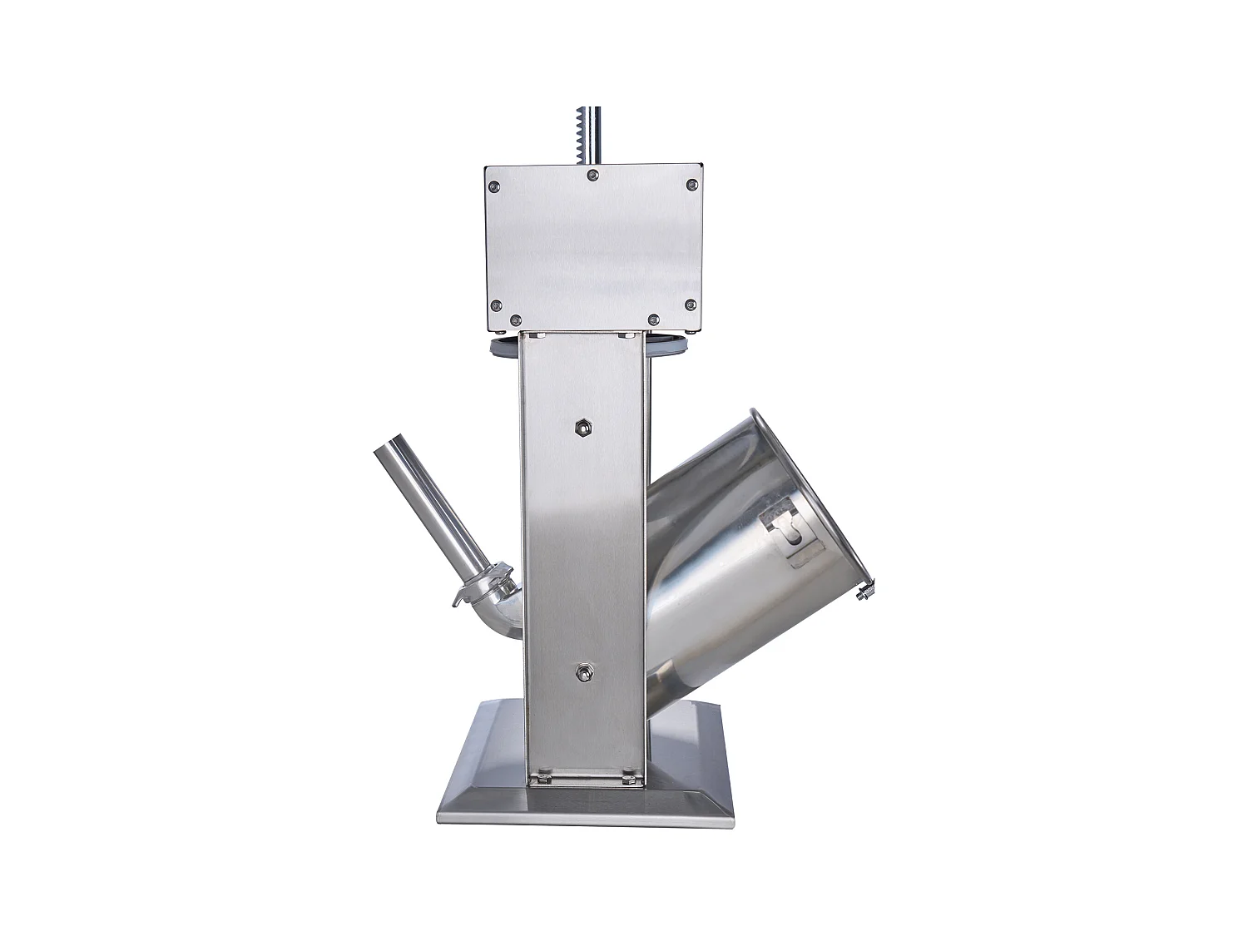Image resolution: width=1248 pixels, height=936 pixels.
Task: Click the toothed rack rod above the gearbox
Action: [594, 134]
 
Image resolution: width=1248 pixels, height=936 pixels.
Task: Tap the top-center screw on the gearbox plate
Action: [592, 175]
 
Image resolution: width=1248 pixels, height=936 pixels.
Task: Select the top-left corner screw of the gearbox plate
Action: [494, 186]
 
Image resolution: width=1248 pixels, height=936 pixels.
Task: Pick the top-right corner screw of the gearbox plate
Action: [691, 186]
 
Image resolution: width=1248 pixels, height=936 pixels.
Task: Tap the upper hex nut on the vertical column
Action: [582, 427]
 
